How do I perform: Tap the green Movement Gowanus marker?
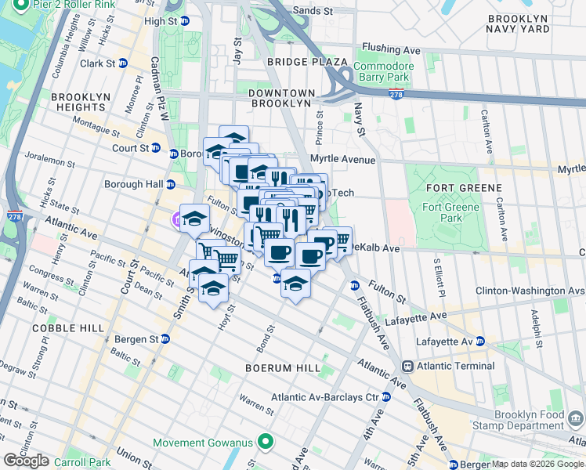click(x=266, y=443)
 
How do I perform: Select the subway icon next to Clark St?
click(x=123, y=63)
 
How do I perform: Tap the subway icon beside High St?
click(x=184, y=22)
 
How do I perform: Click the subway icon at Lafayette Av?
click(x=479, y=342)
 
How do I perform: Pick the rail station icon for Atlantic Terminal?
click(x=407, y=366)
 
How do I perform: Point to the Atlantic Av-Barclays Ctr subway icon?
click(x=385, y=397)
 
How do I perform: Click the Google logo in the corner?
click(x=26, y=461)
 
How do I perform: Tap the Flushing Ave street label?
click(x=401, y=51)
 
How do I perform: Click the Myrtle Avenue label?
click(x=342, y=159)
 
